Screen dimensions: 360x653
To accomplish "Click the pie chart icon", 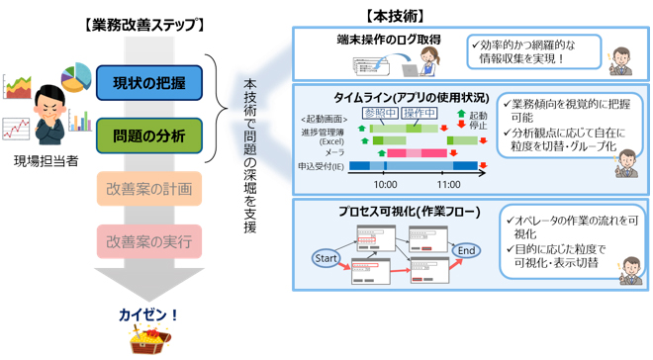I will click(x=76, y=76).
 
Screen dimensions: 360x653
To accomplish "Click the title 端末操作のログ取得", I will click(x=386, y=40).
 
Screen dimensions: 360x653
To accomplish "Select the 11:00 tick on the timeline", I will click(x=448, y=184).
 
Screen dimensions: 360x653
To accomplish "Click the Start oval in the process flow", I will click(x=326, y=259).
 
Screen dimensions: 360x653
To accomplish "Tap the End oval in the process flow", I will click(x=467, y=251).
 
